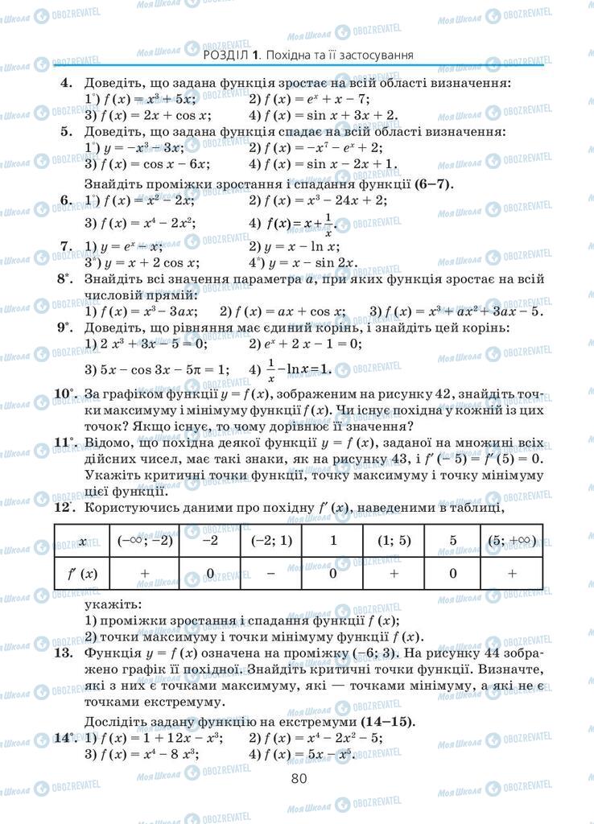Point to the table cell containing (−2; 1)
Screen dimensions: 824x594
pyautogui.click(x=270, y=541)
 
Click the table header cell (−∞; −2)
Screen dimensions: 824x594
pyautogui.click(x=145, y=541)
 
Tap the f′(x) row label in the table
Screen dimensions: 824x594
pyautogui.click(x=82, y=573)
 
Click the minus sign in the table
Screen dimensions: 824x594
pyautogui.click(x=270, y=573)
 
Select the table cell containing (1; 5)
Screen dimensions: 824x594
pyautogui.click(x=394, y=541)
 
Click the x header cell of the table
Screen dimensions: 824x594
pyautogui.click(x=82, y=541)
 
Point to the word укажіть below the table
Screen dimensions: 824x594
pyautogui.click(x=113, y=604)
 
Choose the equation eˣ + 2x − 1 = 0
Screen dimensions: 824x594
pyautogui.click(x=304, y=344)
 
